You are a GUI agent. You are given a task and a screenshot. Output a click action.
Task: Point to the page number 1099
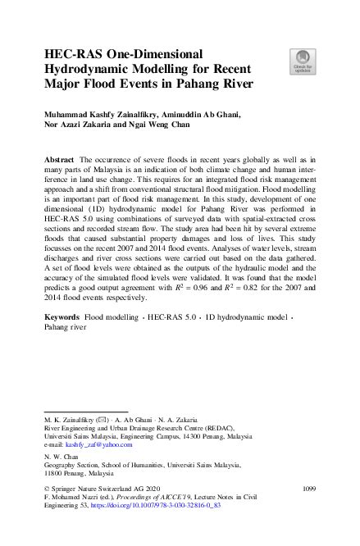coord(308,489)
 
